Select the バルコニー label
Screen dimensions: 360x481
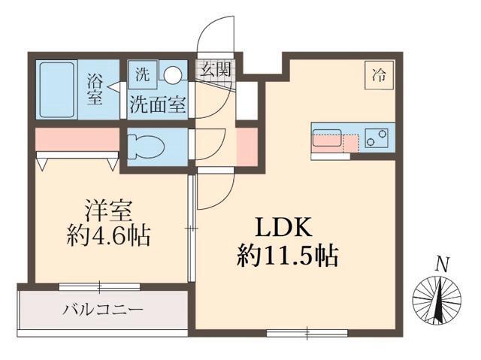103,310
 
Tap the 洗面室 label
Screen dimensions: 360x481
157,105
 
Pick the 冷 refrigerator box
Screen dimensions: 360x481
380,74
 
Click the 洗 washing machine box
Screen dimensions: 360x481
142,74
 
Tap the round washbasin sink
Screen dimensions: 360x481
174,74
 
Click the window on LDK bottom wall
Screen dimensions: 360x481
307,331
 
